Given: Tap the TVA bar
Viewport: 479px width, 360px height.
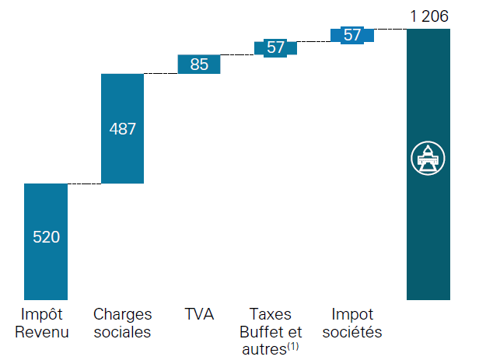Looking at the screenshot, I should click(199, 65).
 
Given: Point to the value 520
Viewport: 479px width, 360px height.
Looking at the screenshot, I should click(46, 237).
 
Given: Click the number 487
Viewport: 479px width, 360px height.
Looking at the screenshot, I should click(122, 129).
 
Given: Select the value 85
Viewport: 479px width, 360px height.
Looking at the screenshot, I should click(199, 65).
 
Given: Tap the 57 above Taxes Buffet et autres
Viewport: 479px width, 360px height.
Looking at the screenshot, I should click(275, 47).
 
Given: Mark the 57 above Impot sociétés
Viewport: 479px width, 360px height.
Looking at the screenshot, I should click(352, 35).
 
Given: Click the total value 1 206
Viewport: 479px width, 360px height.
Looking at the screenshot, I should click(427, 15).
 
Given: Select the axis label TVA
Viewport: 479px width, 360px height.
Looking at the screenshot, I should click(199, 315).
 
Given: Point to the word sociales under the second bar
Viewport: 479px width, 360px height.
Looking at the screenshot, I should click(122, 333).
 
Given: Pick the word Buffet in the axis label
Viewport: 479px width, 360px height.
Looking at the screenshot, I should click(267, 333).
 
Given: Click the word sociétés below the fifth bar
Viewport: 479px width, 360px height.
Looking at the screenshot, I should click(352, 333).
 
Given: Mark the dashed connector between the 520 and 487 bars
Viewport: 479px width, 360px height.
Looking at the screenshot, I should click(84, 183).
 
